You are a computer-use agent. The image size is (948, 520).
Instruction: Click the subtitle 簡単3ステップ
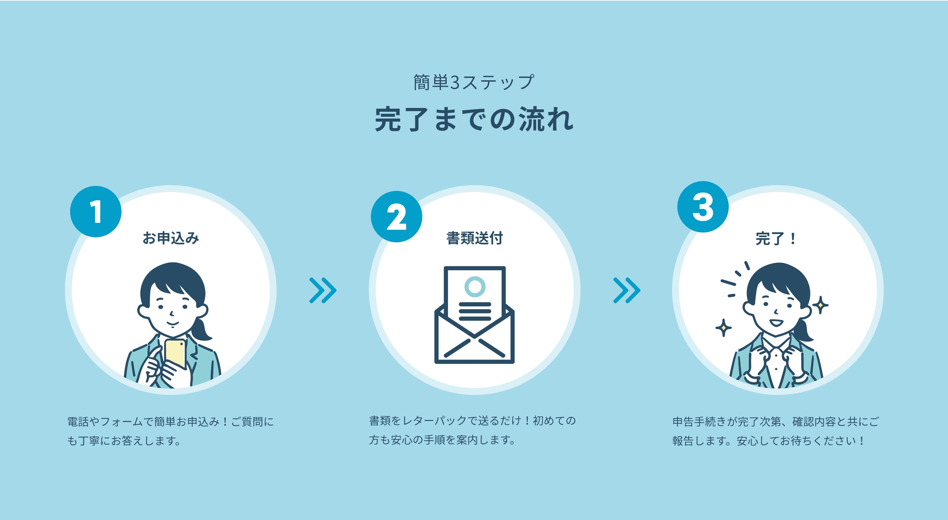coord(474,82)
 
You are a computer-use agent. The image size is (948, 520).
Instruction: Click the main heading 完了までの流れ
coord(474,119)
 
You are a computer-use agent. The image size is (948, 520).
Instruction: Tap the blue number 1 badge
coord(96,211)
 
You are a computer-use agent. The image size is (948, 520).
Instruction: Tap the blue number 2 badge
coord(396,217)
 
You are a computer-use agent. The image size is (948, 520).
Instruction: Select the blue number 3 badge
coord(703,207)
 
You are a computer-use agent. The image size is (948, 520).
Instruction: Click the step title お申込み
coord(171,238)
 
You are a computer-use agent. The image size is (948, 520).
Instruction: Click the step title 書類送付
coord(474,238)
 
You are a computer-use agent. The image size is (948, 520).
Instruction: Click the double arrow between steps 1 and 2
coord(323,290)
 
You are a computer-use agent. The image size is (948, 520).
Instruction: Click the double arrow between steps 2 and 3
coord(627,290)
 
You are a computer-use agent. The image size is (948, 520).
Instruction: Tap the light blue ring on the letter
coord(475,287)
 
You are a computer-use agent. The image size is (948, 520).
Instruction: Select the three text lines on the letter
coord(475,312)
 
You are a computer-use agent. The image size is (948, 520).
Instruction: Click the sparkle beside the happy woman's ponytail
coord(820,305)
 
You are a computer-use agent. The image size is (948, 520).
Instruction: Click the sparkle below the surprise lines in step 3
coord(724,327)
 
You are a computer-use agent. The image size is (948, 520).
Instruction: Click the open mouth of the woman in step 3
coord(776,323)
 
